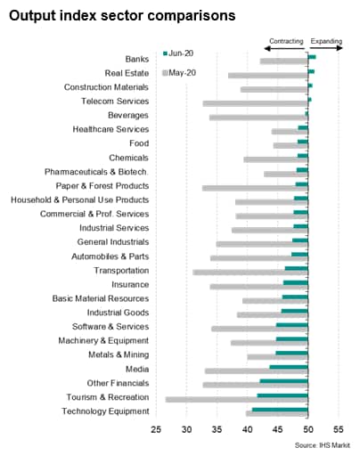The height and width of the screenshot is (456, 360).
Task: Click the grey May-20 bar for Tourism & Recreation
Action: (237, 400)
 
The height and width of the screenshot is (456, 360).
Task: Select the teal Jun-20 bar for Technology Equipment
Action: (280, 410)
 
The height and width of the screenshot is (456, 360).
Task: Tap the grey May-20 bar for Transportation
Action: (250, 273)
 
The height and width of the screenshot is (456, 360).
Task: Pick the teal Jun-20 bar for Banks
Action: (312, 57)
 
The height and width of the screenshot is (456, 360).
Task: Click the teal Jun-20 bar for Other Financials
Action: (284, 381)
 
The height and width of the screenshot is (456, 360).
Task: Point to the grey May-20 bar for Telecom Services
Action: (256, 103)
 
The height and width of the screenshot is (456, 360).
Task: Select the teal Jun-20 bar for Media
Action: (289, 367)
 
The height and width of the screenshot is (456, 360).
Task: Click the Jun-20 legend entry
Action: (178, 53)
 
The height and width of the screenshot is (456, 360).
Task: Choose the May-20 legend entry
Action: (179, 73)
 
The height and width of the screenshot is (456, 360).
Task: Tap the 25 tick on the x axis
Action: (156, 429)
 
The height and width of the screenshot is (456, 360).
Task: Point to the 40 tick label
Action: (247, 429)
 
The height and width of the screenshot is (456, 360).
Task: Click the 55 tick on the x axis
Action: (339, 429)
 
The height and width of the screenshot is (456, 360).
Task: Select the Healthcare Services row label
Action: (110, 129)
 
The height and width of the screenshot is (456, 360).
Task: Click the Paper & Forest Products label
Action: (102, 186)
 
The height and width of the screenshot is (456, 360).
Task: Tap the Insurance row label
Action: (130, 285)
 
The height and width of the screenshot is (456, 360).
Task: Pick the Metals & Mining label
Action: (119, 354)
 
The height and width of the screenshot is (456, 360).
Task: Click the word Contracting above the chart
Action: (286, 41)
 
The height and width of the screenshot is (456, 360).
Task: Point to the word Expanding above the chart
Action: (326, 41)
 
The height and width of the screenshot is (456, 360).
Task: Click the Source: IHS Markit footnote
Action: (323, 445)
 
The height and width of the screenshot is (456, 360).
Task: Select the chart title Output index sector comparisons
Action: (122, 15)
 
